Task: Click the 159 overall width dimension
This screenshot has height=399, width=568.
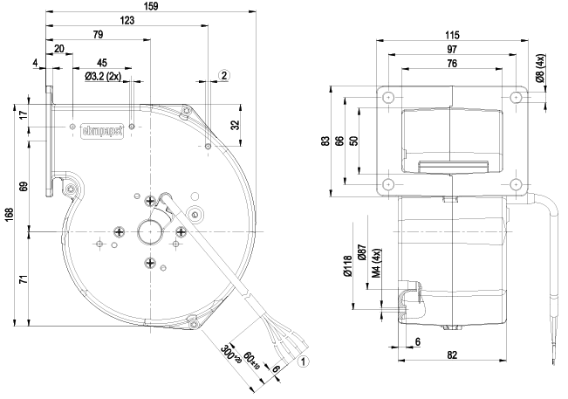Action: (x=150, y=6)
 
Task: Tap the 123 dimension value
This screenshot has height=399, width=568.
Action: (x=127, y=20)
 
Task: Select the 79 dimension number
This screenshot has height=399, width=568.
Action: (x=98, y=35)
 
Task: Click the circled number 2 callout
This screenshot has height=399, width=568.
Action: (x=224, y=76)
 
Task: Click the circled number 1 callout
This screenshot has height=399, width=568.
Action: (x=303, y=360)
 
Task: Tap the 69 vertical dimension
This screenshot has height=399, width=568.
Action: (x=24, y=187)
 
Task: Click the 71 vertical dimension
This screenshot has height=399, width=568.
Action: (x=24, y=279)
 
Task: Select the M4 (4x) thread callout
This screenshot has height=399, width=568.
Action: (x=375, y=264)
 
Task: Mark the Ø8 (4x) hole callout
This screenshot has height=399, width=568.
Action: (x=540, y=69)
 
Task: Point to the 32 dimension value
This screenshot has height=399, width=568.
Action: (x=235, y=124)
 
